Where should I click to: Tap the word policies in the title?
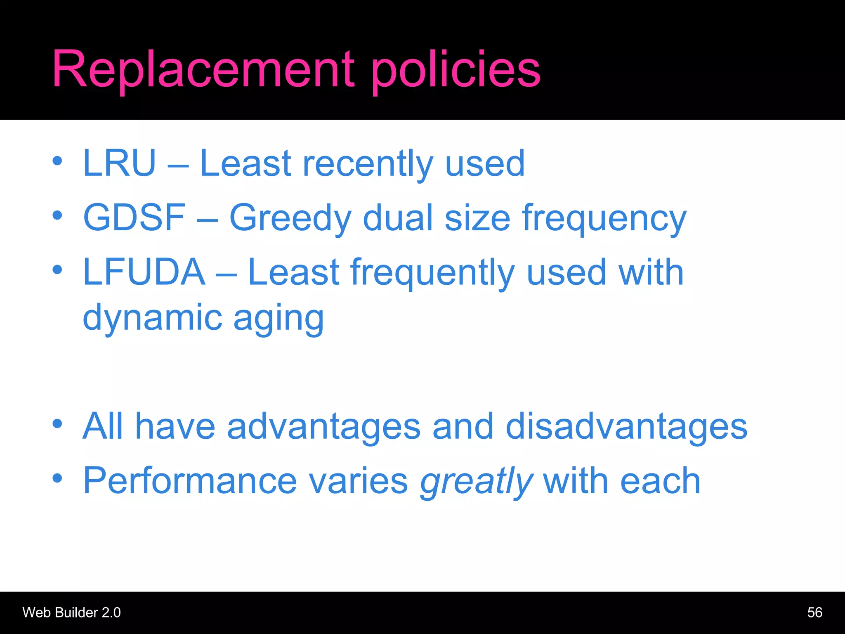click(x=456, y=70)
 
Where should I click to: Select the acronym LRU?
click(x=119, y=163)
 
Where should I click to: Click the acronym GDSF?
click(x=135, y=218)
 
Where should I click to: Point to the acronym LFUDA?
click(x=144, y=272)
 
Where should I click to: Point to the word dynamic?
click(x=153, y=318)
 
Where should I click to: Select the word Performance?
click(x=190, y=480)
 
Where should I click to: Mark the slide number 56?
click(x=814, y=613)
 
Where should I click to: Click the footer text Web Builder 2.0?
click(x=71, y=613)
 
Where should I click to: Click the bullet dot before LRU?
click(x=57, y=161)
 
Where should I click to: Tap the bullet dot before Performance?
click(x=57, y=478)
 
